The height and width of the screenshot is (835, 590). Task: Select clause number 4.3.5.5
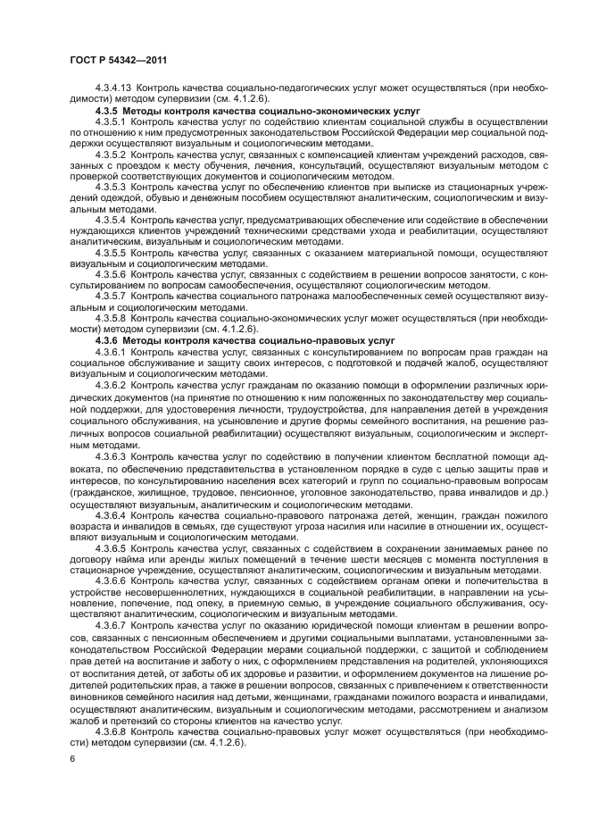point(110,255)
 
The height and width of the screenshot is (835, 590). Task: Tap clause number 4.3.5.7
point(110,294)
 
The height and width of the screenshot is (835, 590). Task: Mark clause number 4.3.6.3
point(110,457)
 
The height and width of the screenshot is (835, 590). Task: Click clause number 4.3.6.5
point(110,547)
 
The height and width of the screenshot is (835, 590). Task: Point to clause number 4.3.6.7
point(110,625)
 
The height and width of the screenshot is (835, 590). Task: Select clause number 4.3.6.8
point(110,733)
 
